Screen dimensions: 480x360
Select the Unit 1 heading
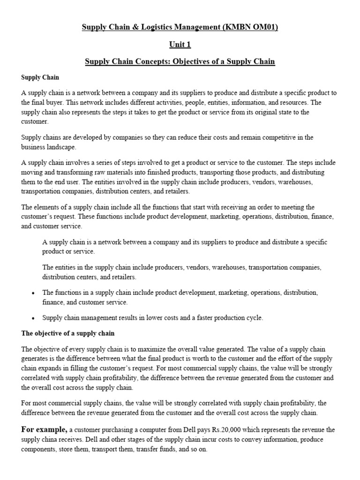tap(180, 45)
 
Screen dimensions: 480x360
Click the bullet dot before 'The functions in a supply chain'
tap(32, 293)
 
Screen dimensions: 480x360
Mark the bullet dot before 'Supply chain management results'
tap(32, 318)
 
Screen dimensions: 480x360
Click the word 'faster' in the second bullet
tap(199, 318)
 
